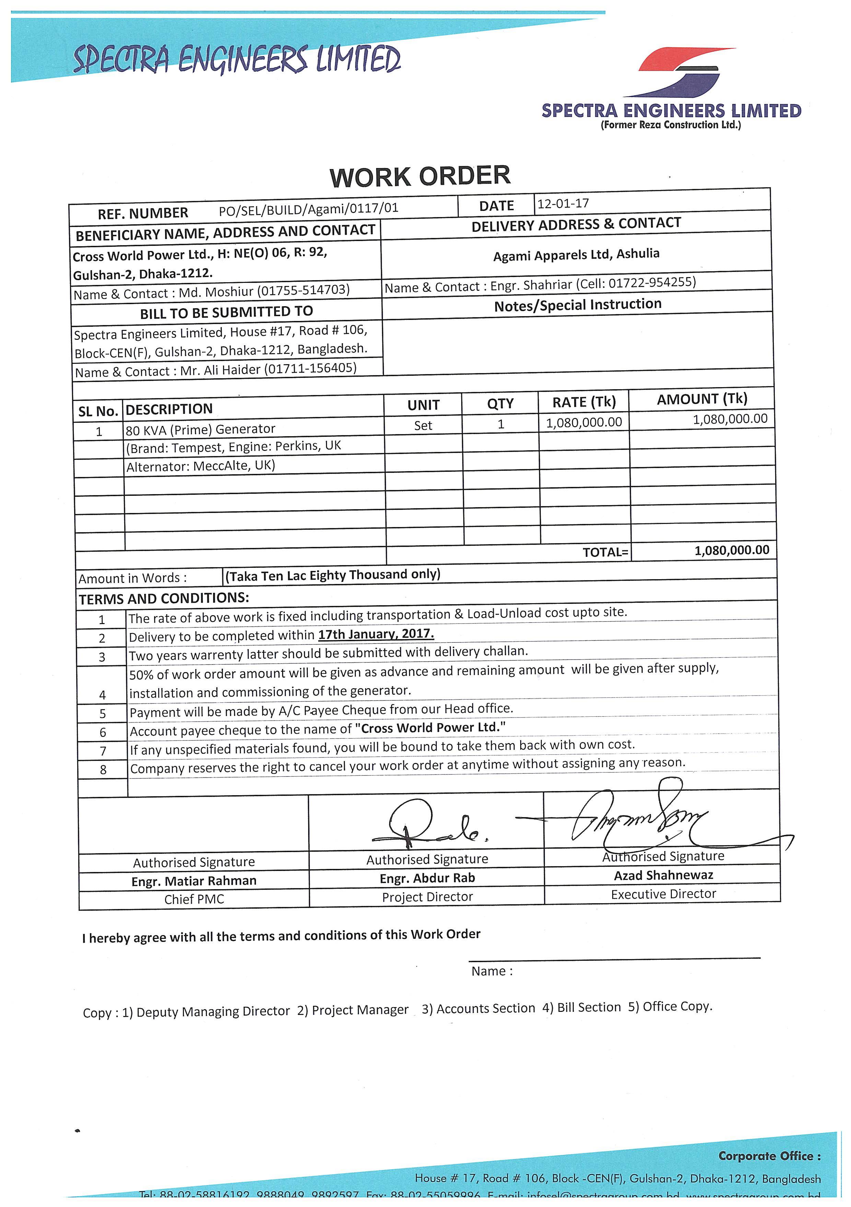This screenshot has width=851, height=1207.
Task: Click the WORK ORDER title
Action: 420,176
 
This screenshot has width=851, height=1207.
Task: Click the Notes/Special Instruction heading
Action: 578,305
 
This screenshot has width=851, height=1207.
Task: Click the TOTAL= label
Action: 605,552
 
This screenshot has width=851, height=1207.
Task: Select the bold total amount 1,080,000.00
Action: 732,550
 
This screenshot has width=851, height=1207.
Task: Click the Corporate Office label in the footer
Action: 769,1156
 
